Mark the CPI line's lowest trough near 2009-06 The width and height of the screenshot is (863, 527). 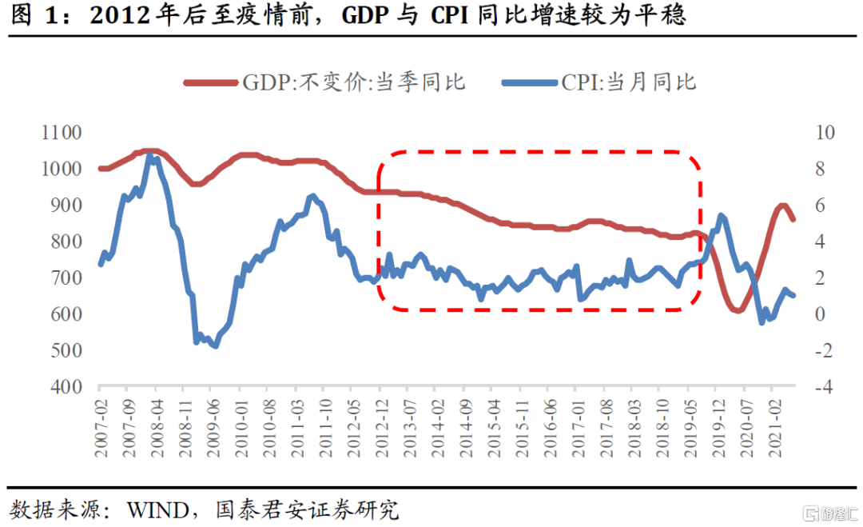click(x=215, y=346)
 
